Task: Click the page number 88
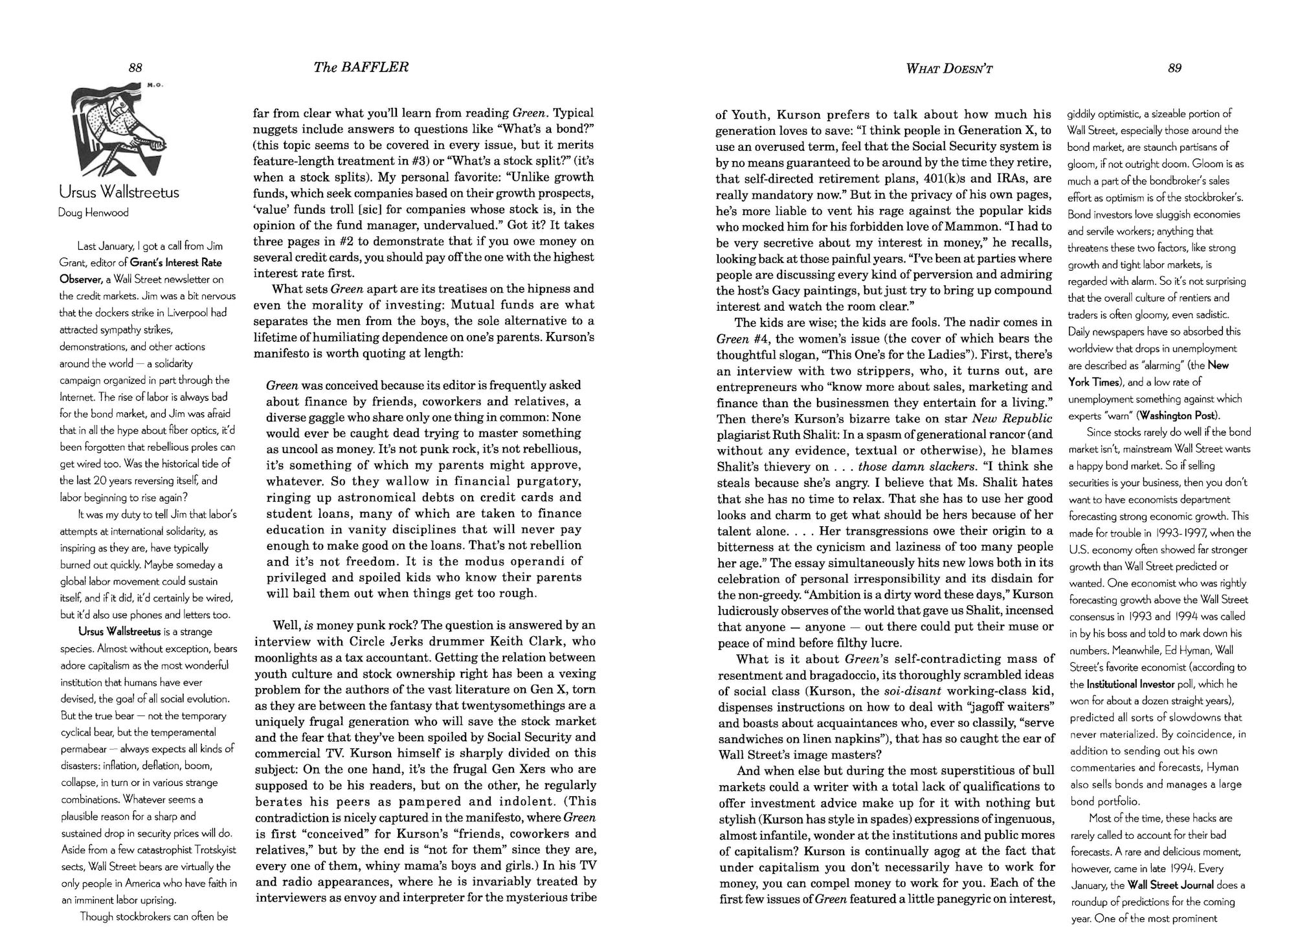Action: point(135,67)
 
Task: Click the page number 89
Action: point(1174,68)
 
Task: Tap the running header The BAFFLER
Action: point(361,67)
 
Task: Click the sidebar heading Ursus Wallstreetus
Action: point(118,192)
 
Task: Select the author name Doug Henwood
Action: point(93,212)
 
